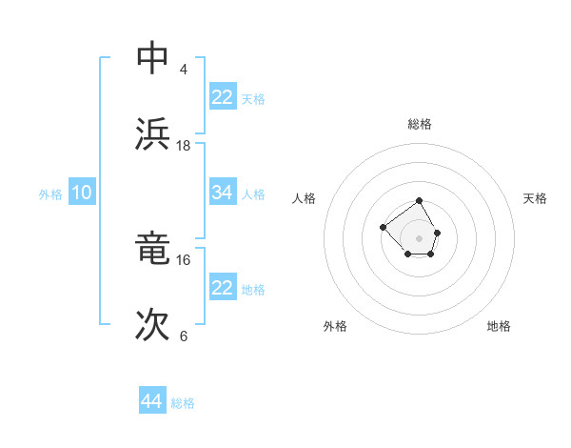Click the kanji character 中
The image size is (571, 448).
pos(152,58)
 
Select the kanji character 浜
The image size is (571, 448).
pos(152,134)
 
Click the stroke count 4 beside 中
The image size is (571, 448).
pos(183,70)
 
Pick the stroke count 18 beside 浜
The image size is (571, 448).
pos(184,146)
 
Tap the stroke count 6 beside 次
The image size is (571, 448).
pos(183,336)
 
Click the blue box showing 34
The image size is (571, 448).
pos(223,193)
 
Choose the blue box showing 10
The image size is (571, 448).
pos(82,193)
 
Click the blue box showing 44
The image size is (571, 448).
pos(152,401)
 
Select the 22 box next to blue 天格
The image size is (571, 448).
pos(223,97)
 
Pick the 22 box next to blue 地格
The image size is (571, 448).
pos(223,288)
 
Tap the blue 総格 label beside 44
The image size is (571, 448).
pos(183,403)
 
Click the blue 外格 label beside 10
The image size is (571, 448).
pos(50,194)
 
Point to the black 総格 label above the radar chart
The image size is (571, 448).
pos(420,124)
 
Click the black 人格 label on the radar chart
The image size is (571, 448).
pos(305,198)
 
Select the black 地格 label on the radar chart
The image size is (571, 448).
pos(499,326)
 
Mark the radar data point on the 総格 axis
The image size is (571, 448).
pos(420,201)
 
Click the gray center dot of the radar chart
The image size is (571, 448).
pos(420,237)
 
